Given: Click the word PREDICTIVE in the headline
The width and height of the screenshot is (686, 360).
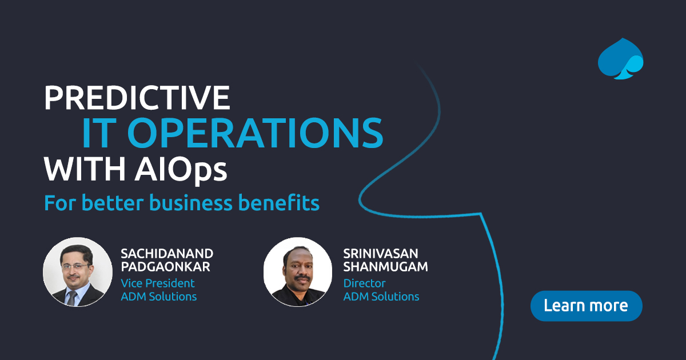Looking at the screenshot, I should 137,98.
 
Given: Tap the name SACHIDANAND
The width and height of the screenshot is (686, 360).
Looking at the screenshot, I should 167,253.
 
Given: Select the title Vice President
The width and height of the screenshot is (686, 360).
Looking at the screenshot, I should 157,283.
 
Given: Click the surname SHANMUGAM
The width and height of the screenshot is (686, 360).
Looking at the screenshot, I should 386,267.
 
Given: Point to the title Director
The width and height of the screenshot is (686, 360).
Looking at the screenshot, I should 364,283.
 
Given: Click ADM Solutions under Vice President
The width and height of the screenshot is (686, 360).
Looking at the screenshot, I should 158,297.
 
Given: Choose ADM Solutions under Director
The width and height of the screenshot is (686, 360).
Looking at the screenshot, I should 381,297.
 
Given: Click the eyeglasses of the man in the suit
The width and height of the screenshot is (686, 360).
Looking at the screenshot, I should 77,266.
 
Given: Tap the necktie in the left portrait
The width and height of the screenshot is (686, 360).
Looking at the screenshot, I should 71,297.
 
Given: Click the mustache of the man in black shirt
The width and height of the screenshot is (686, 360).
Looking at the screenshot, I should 297,277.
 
